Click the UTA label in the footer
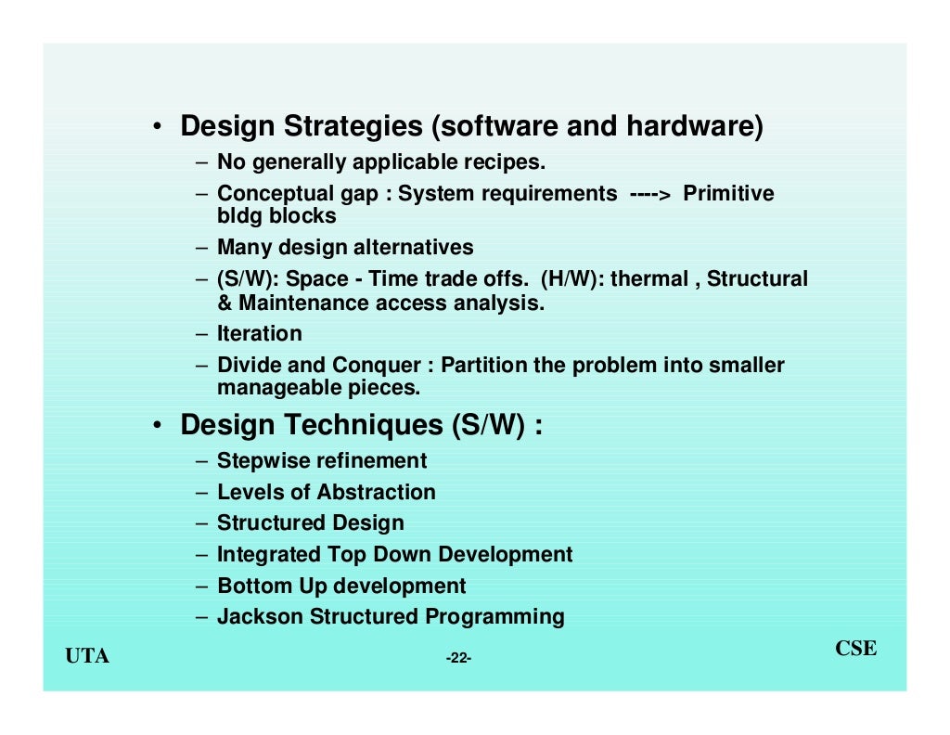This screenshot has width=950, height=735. (x=87, y=657)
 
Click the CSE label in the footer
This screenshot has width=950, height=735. (x=855, y=649)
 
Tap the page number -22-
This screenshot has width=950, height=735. (x=458, y=659)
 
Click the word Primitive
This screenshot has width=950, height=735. (x=728, y=194)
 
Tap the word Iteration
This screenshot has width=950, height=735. (x=260, y=334)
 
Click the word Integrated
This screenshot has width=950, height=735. (x=268, y=555)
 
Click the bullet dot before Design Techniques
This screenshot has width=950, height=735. (x=160, y=426)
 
